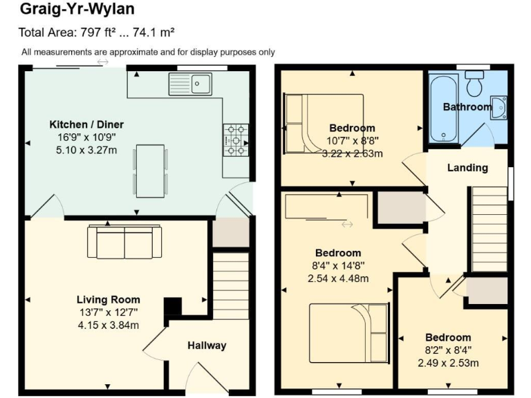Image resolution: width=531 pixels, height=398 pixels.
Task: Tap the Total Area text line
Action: coord(96,32)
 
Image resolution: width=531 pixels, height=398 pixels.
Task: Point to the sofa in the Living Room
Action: coord(124,241)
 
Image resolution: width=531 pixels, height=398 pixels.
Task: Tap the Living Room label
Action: coord(109,299)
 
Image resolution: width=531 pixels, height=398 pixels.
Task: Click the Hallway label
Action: coord(207,345)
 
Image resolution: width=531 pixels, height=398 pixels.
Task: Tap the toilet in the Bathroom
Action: coord(474,84)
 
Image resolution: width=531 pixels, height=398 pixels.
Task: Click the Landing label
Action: coord(467,167)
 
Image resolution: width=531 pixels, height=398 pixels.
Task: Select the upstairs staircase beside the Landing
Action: coord(489,231)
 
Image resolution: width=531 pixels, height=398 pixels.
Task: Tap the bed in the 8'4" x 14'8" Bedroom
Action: coord(348,333)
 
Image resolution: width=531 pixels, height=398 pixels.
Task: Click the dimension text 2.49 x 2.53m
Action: coord(448,363)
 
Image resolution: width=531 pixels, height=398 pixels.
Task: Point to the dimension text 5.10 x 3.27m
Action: coord(86,149)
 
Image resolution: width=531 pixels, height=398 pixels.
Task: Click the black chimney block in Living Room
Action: coord(171,306)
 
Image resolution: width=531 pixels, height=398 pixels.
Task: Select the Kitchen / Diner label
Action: coord(86,124)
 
